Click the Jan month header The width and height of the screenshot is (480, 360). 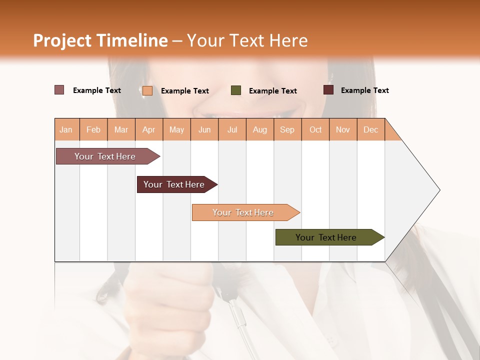pyautogui.click(x=66, y=129)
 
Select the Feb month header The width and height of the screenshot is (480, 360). pyautogui.click(x=93, y=129)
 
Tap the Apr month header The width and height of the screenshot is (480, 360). pyautogui.click(x=149, y=129)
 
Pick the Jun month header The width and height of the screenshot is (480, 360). pyautogui.click(x=204, y=129)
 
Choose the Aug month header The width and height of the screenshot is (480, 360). pyautogui.click(x=260, y=129)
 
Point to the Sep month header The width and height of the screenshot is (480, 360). pyautogui.click(x=287, y=129)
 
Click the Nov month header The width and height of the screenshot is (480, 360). pyautogui.click(x=343, y=129)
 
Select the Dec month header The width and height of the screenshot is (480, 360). pyautogui.click(x=370, y=129)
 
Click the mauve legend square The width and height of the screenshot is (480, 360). pyautogui.click(x=59, y=90)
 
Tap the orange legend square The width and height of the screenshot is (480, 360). pyautogui.click(x=147, y=90)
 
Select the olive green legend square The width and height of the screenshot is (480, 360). pyautogui.click(x=236, y=90)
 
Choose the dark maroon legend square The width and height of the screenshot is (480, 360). pyautogui.click(x=328, y=90)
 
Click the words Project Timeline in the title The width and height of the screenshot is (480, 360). pyautogui.click(x=100, y=40)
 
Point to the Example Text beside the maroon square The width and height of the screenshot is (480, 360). pyautogui.click(x=365, y=90)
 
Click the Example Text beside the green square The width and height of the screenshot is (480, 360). pyautogui.click(x=273, y=91)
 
